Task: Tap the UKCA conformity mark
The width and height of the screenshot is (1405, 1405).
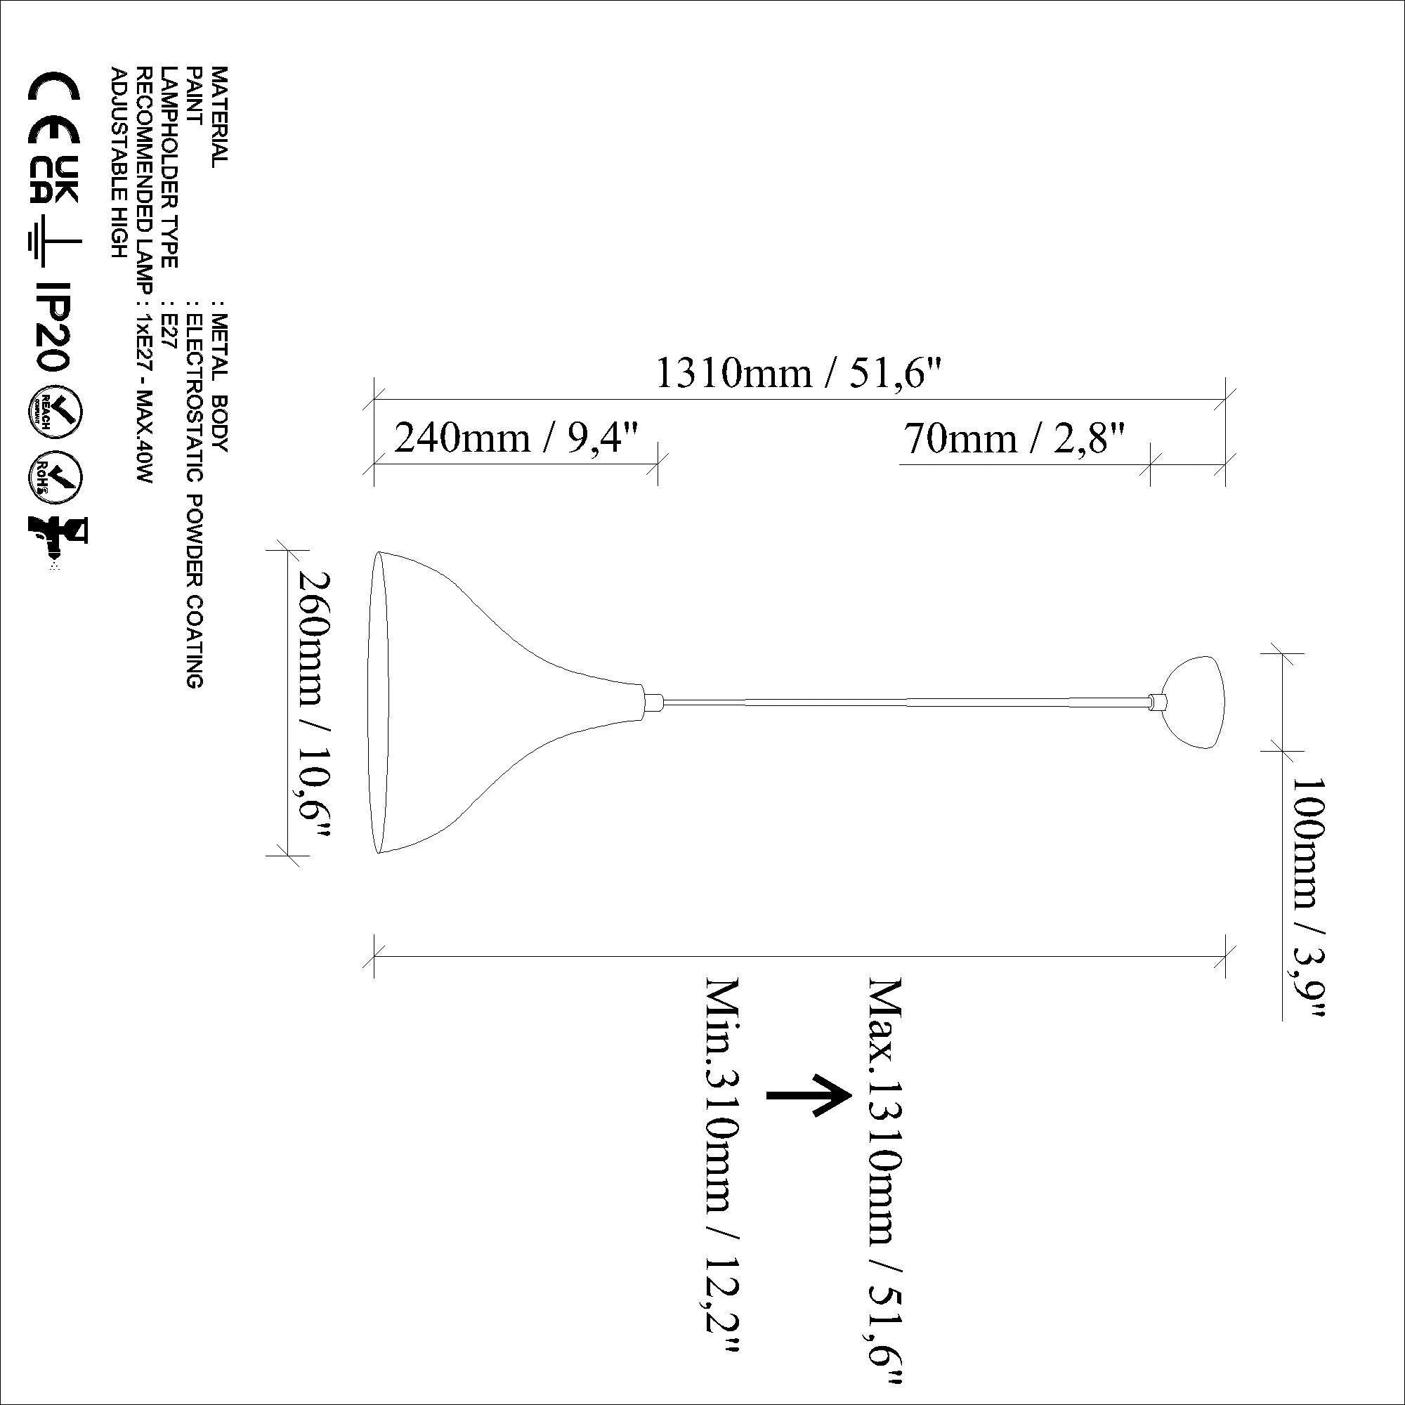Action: point(54,182)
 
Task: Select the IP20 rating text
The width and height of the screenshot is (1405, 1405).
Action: point(53,327)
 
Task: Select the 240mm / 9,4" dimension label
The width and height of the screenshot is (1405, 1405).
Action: point(516,438)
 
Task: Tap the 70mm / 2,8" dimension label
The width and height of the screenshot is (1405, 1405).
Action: point(1014,438)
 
